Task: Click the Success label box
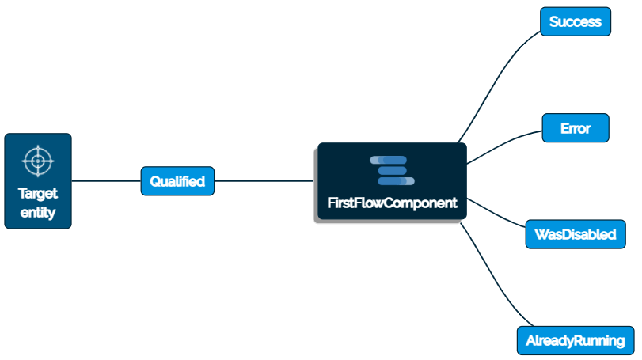(576, 21)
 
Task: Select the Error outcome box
(576, 128)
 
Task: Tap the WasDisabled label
(576, 235)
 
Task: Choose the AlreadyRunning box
(576, 342)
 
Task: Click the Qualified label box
(177, 181)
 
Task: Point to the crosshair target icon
(38, 161)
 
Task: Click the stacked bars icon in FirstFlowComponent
(392, 171)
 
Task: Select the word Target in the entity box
(38, 194)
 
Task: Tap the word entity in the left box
(38, 212)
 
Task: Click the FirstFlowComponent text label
(392, 203)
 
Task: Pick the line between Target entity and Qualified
(106, 181)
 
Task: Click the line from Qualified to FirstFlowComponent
(265, 181)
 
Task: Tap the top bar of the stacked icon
(389, 161)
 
